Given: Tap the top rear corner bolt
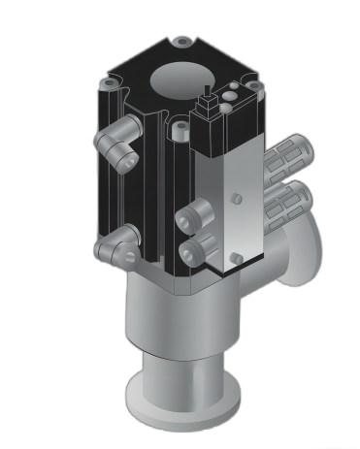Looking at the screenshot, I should pyautogui.click(x=181, y=43).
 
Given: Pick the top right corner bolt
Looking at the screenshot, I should pyautogui.click(x=253, y=86).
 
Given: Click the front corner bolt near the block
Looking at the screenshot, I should pyautogui.click(x=180, y=127).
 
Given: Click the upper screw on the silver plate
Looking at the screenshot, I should pyautogui.click(x=237, y=198).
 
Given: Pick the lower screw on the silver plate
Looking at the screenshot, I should pyautogui.click(x=236, y=259).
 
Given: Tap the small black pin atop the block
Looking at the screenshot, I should pyautogui.click(x=207, y=95).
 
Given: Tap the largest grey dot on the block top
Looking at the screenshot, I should pyautogui.click(x=230, y=96).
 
